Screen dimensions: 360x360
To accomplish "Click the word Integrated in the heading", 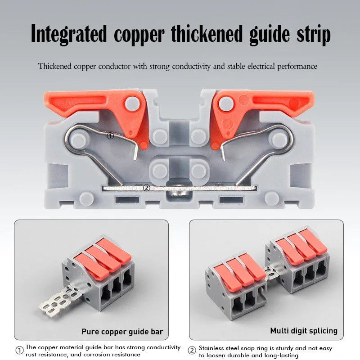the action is (x=69, y=34).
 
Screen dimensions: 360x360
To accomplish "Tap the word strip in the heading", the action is (x=313, y=35).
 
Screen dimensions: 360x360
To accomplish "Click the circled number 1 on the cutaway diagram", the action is (x=110, y=136).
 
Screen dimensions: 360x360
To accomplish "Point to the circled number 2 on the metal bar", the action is (x=147, y=188).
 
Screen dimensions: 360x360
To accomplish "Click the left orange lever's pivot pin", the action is (x=132, y=103).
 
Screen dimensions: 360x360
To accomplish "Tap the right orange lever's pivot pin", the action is (x=226, y=103).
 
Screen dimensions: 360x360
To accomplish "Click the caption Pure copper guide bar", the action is (x=122, y=332).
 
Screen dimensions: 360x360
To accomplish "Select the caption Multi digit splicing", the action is (x=304, y=331).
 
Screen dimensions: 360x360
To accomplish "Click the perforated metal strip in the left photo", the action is (x=60, y=301).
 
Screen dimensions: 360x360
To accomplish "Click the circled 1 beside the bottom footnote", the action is (x=19, y=351).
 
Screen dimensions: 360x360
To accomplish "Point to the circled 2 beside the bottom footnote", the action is (x=192, y=351).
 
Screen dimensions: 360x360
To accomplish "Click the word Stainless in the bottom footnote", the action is (x=211, y=348).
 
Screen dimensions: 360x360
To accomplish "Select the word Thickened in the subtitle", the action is (x=55, y=66).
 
